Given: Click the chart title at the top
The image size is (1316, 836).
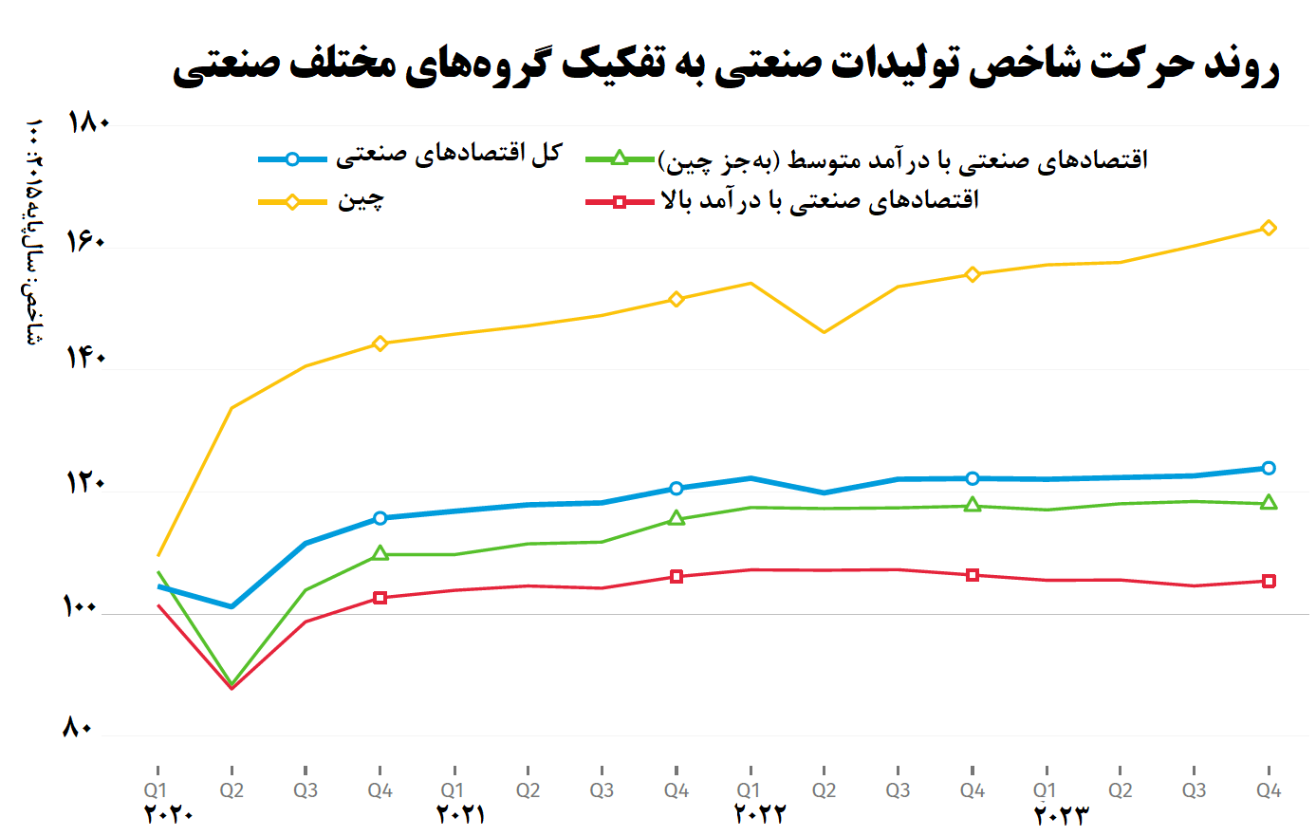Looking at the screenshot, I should click(x=726, y=65).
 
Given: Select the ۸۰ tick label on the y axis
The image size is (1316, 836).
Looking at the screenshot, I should click(x=78, y=729).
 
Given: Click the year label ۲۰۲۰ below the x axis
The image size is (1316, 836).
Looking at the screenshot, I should click(x=169, y=814).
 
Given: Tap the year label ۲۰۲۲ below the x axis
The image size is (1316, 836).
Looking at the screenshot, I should click(x=760, y=814).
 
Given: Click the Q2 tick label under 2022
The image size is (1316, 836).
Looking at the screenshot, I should click(x=824, y=790).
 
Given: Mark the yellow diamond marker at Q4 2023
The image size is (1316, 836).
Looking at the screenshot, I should click(x=1269, y=228).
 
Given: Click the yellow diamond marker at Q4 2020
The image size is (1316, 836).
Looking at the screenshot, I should click(x=380, y=344).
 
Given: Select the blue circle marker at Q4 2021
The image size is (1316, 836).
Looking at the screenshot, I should click(x=676, y=489).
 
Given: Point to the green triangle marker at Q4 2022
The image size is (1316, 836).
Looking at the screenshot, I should click(x=972, y=506).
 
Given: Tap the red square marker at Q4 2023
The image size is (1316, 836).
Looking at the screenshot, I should click(x=1269, y=581).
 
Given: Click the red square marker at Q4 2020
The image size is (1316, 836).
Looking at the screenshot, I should click(x=380, y=598).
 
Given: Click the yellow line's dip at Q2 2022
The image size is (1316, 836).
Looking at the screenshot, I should click(x=824, y=332).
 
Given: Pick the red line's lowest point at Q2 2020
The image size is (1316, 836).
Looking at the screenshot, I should click(x=232, y=687).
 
